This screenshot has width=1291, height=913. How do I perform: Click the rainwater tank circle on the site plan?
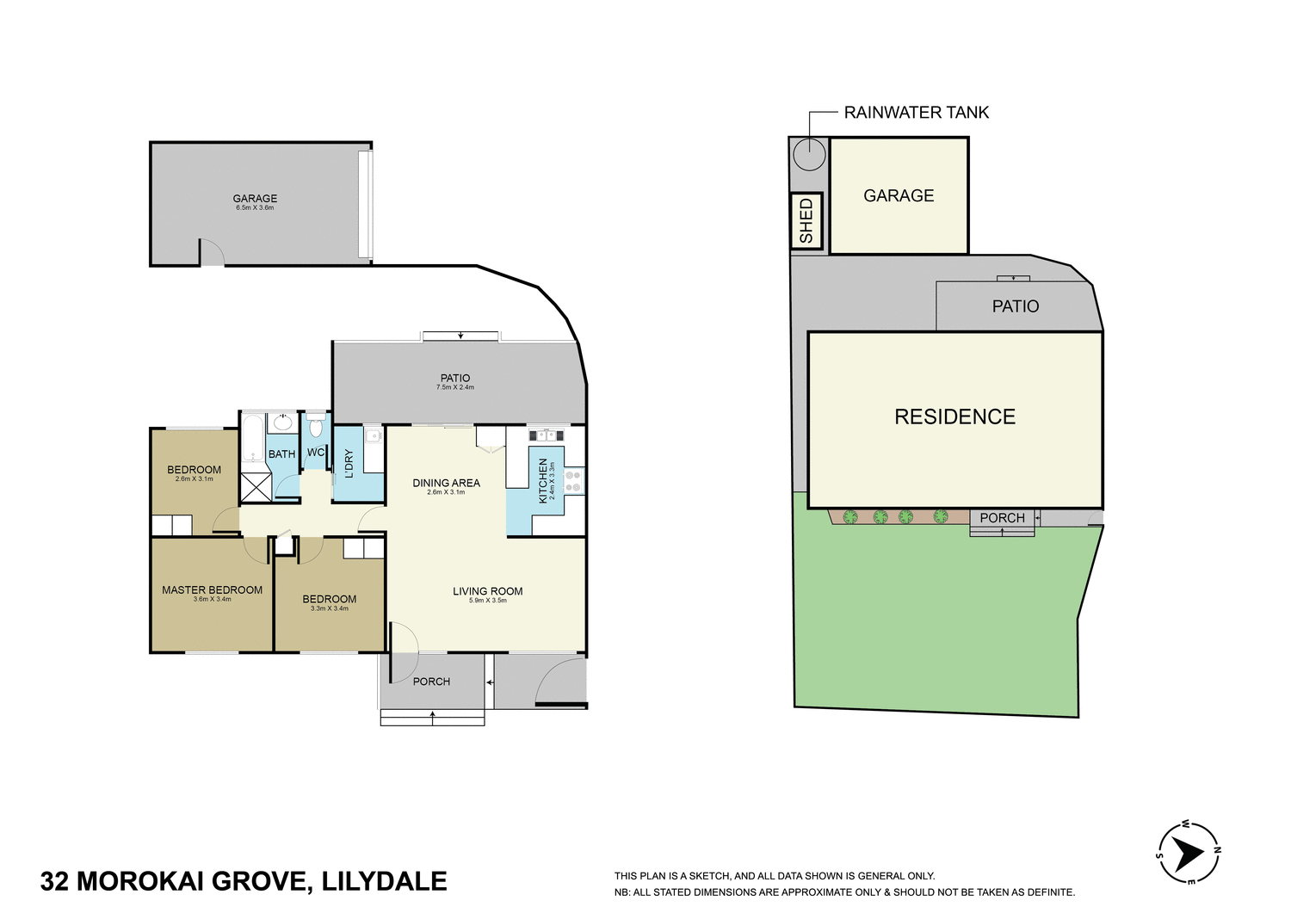tap(809, 155)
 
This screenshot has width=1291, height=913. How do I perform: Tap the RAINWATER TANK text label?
tap(916, 113)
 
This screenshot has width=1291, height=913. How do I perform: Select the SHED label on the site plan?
tap(806, 221)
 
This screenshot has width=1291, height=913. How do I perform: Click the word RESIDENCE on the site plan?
tap(954, 417)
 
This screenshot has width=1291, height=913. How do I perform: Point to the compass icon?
tap(1189, 853)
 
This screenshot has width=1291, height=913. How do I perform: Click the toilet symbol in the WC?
tap(316, 427)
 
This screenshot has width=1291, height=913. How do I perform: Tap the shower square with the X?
tap(256, 487)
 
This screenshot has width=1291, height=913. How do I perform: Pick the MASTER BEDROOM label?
tap(212, 590)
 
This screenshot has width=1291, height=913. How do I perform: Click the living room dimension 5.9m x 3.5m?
tap(487, 601)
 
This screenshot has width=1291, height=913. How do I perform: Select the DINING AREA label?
tap(446, 483)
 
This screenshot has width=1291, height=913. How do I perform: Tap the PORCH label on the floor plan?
tap(431, 682)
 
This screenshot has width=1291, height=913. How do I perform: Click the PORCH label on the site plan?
tap(1002, 518)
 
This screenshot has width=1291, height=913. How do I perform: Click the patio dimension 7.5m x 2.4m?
tap(455, 388)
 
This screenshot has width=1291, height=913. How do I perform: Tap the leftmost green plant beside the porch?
tap(850, 517)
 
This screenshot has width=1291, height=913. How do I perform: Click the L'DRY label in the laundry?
tap(349, 465)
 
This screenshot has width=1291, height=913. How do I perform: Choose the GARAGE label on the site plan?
tap(899, 196)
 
